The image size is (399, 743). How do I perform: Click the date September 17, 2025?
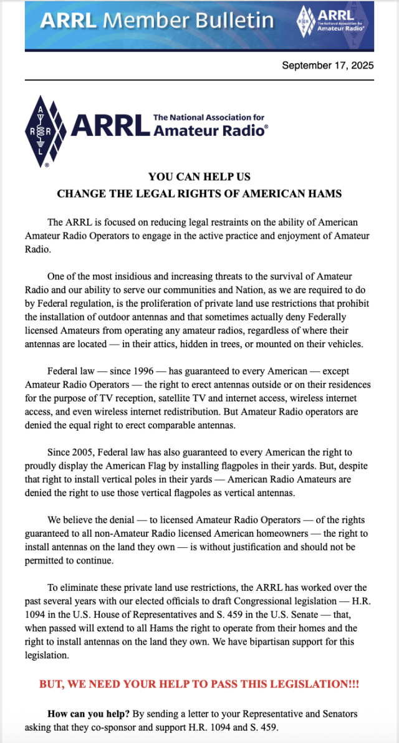327,65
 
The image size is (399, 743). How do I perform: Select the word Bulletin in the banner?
233,21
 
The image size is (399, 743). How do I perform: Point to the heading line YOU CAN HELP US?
199,177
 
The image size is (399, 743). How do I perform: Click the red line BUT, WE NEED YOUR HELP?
199,684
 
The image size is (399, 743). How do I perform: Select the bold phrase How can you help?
88,713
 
